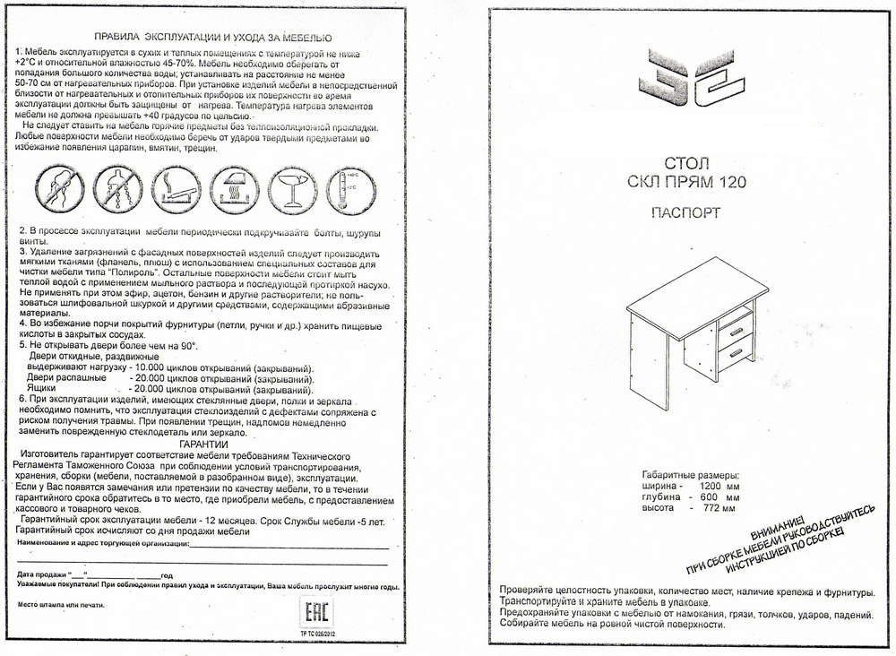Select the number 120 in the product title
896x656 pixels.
point(730,182)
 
